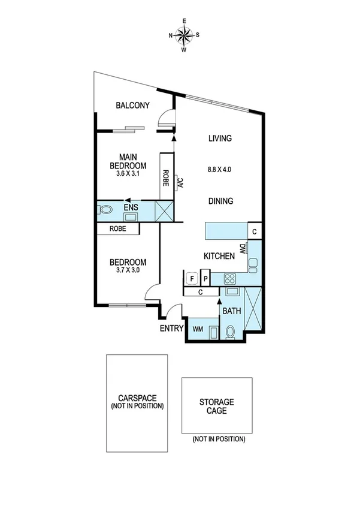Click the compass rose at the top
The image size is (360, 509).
184,35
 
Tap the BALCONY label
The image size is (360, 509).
132,106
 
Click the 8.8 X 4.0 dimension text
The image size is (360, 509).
219,170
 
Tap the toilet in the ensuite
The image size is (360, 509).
107,210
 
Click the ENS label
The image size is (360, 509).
131,207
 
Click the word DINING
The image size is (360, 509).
220,201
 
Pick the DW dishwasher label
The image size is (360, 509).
244,249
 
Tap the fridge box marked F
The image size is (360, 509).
193,278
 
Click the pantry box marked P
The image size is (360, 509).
205,278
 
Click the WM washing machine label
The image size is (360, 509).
198,329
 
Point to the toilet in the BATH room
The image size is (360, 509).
231,332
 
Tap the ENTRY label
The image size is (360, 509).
171,329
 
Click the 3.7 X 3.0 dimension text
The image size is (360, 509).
128,271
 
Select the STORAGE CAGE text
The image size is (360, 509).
217,406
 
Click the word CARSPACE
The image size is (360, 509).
137,398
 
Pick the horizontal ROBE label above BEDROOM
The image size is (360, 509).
117,228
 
